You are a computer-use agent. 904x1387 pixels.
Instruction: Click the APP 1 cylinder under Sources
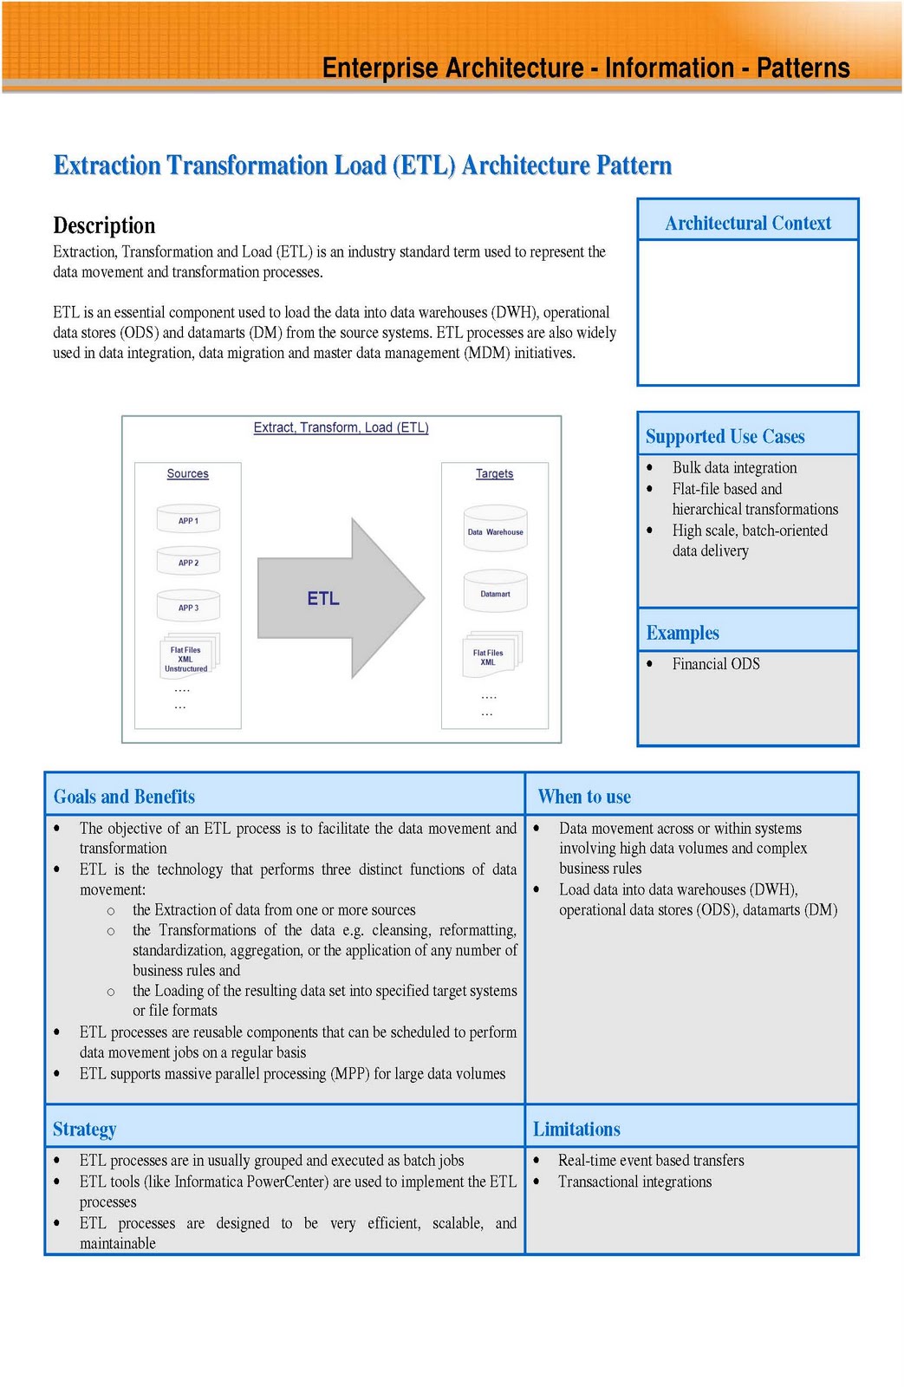188,519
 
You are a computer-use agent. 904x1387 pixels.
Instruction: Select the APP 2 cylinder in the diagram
188,562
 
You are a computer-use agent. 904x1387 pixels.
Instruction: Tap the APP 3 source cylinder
188,606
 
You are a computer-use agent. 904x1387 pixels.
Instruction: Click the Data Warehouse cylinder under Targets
495,531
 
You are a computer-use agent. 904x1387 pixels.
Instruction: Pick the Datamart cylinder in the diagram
495,593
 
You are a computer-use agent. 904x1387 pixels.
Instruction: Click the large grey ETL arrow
338,598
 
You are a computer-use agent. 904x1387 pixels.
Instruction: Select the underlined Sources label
187,474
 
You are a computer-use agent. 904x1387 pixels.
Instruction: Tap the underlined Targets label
494,474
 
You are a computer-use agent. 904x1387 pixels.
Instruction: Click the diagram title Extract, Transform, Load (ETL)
341,427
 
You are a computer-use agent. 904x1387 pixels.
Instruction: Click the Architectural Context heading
747,223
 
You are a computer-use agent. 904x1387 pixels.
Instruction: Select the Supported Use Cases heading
725,437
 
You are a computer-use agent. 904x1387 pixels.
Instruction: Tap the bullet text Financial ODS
715,664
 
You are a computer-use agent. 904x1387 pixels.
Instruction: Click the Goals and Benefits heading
124,797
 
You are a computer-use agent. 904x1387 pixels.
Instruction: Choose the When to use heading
584,797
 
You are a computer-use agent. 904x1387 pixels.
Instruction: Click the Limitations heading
576,1130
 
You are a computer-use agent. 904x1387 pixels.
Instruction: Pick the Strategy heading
84,1130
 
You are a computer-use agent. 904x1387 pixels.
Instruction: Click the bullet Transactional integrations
634,1182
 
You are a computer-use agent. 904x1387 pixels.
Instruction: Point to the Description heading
104,225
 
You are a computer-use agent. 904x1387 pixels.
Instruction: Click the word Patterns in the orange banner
803,68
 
